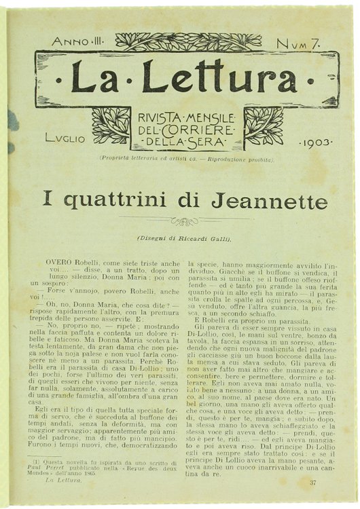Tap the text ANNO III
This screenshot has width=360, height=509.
point(77,42)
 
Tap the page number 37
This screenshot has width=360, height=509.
point(312,482)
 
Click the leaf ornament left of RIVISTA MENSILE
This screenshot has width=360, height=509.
point(111,126)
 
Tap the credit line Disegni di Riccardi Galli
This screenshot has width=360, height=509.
point(183,238)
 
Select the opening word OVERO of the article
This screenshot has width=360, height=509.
point(60,261)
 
